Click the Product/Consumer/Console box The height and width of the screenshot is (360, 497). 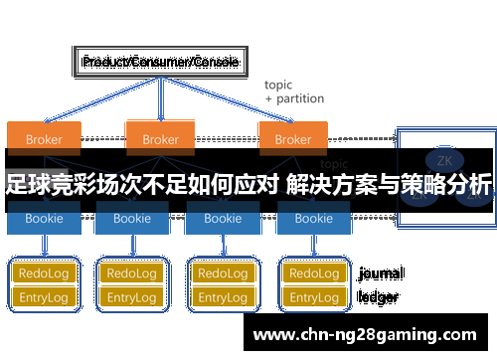click(x=159, y=62)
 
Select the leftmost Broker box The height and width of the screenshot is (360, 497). click(x=44, y=138)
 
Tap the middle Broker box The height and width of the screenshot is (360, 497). click(x=160, y=138)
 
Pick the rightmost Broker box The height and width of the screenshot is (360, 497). click(x=292, y=138)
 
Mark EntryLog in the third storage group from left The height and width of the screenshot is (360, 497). click(x=222, y=297)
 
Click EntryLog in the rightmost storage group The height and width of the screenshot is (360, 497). click(x=313, y=297)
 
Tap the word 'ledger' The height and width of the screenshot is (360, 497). click(x=378, y=296)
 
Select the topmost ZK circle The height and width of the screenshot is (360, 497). click(x=442, y=158)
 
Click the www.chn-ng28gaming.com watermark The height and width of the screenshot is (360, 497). click(x=366, y=335)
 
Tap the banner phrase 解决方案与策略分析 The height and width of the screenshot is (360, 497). click(x=389, y=186)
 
